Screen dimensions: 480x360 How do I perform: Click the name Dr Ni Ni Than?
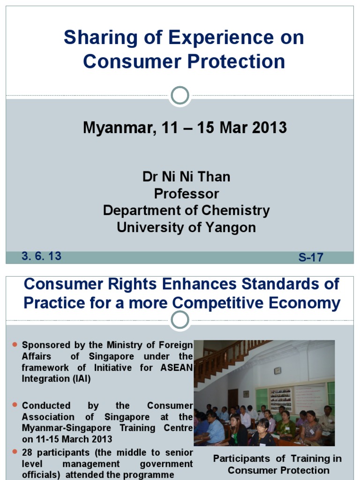(186, 177)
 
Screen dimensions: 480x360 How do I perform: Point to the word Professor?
(186, 194)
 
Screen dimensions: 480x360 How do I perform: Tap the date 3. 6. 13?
(41, 256)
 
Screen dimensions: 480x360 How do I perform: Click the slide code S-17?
(311, 257)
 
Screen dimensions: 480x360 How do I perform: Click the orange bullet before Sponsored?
(15, 345)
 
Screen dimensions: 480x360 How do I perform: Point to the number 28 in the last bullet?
(28, 452)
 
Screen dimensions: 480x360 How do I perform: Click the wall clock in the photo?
(277, 370)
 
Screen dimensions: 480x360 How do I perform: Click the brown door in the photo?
(232, 398)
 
